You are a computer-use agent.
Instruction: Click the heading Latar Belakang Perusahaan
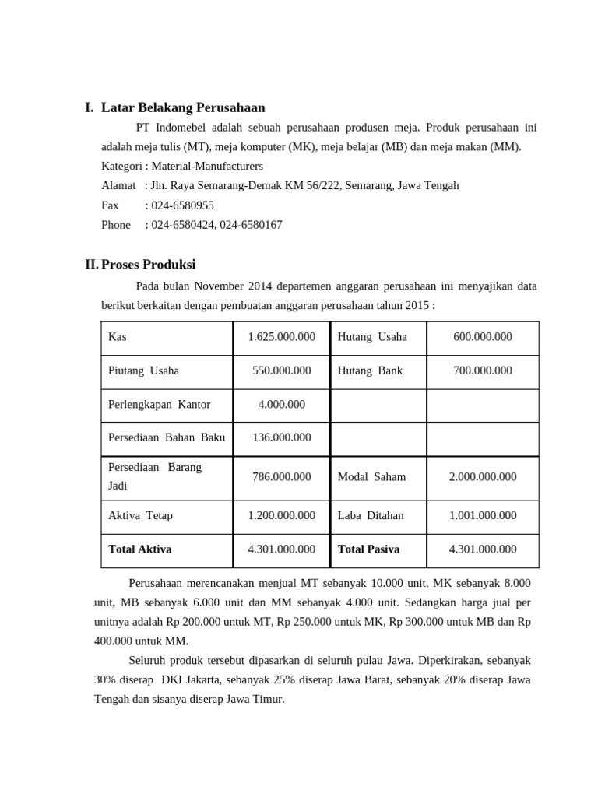click(183, 107)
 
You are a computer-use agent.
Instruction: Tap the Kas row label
click(118, 337)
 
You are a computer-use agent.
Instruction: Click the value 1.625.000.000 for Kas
click(281, 337)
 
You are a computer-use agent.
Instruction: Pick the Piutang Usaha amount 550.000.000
click(281, 370)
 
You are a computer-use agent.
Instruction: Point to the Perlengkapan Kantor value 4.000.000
click(281, 404)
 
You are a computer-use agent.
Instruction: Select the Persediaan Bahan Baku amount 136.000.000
click(281, 437)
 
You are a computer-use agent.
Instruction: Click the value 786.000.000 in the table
click(281, 476)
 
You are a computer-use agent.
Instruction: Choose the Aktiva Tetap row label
click(141, 515)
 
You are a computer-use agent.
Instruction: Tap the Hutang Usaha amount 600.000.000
click(483, 337)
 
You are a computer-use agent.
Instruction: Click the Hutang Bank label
click(370, 370)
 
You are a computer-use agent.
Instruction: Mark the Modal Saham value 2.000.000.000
click(483, 476)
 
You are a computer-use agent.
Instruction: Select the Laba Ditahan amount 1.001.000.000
click(483, 515)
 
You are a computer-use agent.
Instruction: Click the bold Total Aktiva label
click(140, 549)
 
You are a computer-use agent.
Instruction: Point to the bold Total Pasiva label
click(368, 549)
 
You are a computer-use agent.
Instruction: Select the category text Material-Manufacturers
click(207, 166)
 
